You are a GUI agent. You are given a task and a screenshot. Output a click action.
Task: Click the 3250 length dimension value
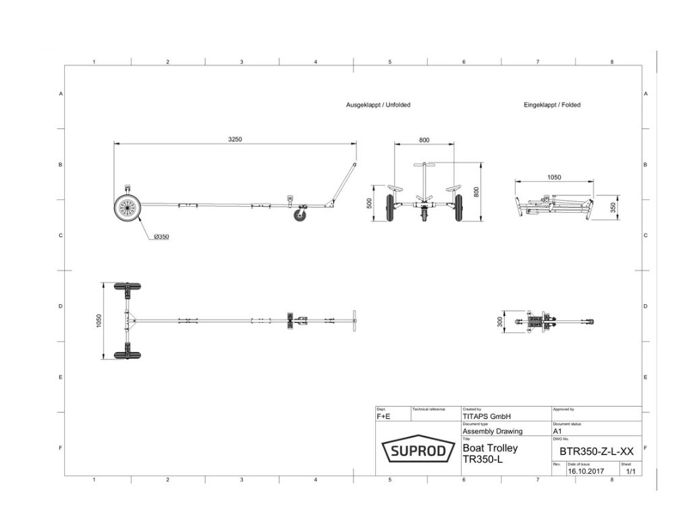point(235,139)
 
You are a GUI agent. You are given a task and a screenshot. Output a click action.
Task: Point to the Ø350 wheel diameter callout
point(161,237)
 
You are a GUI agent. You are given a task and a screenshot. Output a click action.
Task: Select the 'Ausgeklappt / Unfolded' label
point(378,105)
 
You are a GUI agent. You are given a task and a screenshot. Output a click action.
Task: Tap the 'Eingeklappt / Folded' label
point(552,105)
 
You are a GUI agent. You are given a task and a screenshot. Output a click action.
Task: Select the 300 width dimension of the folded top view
point(500,322)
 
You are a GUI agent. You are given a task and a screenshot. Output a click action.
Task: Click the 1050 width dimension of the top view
point(99,321)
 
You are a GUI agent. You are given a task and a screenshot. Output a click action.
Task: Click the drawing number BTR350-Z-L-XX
point(597,451)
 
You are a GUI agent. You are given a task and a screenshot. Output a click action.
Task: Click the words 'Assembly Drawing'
point(492,431)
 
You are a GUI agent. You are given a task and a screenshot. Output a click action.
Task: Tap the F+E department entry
point(383,418)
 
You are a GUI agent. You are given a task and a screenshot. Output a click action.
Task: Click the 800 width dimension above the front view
point(424,140)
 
